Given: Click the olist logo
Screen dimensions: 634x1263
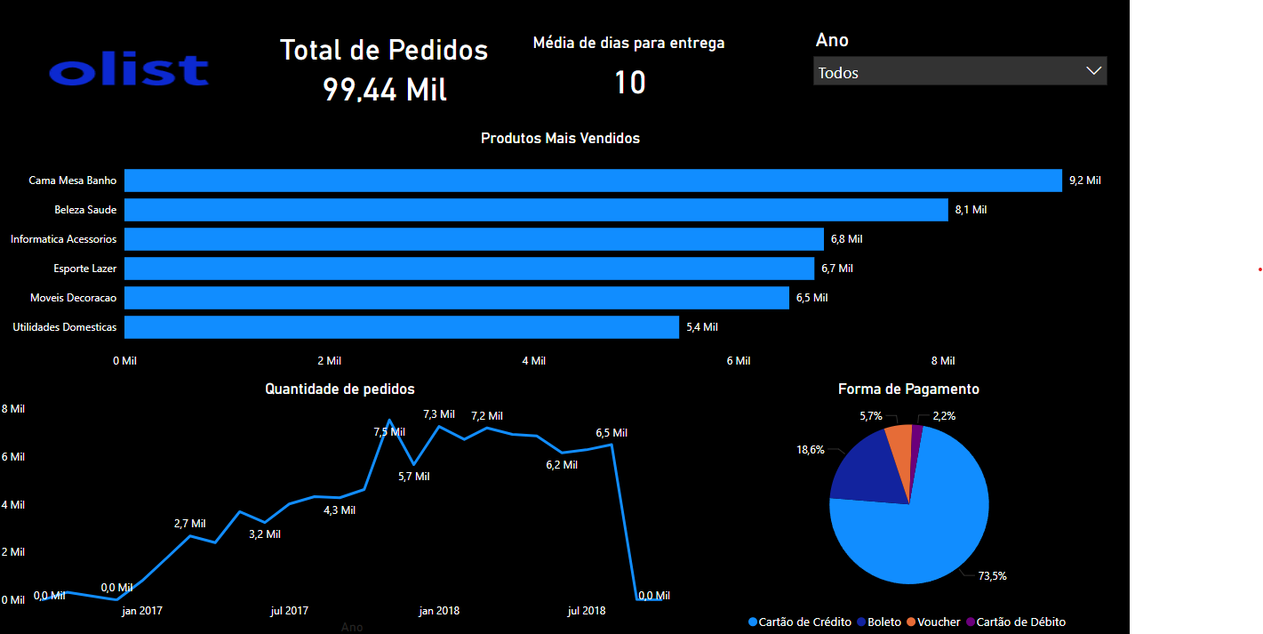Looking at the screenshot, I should point(129,70).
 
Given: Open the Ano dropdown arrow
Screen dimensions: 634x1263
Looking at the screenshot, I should point(1093,72).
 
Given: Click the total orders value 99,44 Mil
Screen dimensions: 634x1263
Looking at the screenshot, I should point(384,90).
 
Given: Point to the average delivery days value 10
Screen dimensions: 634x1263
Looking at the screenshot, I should point(629,83).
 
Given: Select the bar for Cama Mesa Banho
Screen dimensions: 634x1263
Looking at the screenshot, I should point(593,181).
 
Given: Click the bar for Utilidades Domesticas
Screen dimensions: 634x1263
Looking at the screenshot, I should point(402,327).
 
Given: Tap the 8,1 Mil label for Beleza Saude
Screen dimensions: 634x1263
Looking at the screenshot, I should point(971,210).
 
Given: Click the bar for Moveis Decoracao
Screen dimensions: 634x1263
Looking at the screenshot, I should point(457,298).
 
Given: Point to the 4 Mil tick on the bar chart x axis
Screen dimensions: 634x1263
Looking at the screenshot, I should point(533,361).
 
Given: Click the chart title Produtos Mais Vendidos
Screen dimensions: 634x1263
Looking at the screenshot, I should point(560,139).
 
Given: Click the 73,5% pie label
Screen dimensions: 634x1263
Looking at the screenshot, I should point(992,576).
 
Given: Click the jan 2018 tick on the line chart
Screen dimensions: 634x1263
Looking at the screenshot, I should point(439,611).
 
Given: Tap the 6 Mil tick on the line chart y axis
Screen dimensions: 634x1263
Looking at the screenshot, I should point(13,457).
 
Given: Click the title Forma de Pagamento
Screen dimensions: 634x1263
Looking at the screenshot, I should point(908,389).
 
